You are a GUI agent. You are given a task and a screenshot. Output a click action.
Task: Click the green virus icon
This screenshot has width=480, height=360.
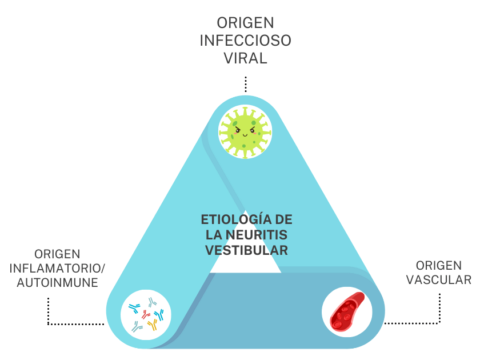pyautogui.click(x=245, y=133)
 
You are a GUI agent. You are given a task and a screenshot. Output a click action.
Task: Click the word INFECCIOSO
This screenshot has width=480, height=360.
pyautogui.click(x=245, y=41)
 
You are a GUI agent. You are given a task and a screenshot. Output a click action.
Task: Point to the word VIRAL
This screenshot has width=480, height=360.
pyautogui.click(x=245, y=59)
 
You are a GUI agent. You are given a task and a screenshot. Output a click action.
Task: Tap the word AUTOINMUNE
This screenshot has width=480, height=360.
pyautogui.click(x=57, y=282)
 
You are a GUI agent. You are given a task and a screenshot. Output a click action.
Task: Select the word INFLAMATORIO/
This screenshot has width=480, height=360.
pyautogui.click(x=58, y=268)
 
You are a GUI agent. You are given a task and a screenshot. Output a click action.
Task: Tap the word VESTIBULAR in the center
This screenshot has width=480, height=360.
pyautogui.click(x=246, y=250)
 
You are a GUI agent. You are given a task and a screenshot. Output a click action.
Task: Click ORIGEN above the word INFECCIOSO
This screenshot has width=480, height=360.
pyautogui.click(x=245, y=23)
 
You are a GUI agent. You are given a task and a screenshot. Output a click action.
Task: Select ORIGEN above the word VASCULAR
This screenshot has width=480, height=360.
pyautogui.click(x=439, y=265)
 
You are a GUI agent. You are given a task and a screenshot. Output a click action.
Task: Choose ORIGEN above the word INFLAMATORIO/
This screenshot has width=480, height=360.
pyautogui.click(x=57, y=254)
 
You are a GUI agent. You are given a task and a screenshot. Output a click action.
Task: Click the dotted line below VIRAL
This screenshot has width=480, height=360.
pyautogui.click(x=245, y=84)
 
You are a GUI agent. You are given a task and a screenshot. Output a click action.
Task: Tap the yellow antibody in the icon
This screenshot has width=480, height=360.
pyautogui.click(x=152, y=325)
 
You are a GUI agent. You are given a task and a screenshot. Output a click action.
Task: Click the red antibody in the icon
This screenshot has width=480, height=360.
pyautogui.click(x=145, y=314)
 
